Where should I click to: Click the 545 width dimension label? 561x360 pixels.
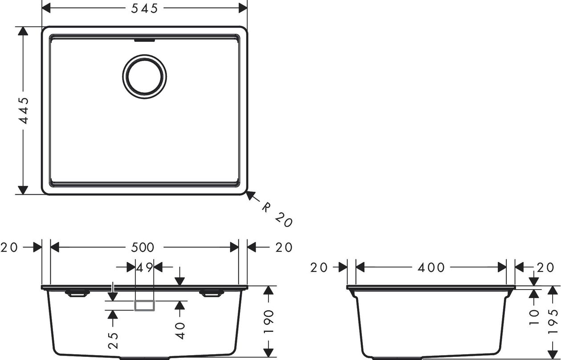coord(145,8)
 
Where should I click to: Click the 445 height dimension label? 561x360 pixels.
coord(24,110)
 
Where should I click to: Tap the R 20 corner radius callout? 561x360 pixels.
coord(277,214)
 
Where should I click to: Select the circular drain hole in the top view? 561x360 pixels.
coord(145,77)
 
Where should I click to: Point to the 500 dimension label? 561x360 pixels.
coord(142,247)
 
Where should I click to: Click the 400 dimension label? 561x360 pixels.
coord(431,267)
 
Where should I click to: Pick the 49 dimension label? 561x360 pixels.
coord(145,267)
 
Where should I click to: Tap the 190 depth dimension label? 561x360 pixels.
coord(269,322)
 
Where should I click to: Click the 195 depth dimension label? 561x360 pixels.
coord(553,322)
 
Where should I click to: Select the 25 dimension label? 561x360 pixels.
coord(113,340)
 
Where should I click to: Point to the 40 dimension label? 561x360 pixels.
coord(180,331)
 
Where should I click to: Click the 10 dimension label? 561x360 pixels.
coord(534,317)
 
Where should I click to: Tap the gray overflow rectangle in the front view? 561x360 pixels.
coord(145,306)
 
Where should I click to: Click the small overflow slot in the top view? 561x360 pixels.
coord(145,41)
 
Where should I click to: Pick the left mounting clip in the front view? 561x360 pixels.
coord(77,293)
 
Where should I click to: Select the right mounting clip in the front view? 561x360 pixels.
coord(211,293)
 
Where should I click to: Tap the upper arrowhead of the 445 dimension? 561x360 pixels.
coord(23,31)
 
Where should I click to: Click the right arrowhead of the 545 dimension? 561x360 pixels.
coord(243,8)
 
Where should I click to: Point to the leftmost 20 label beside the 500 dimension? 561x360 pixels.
coord(9,247)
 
